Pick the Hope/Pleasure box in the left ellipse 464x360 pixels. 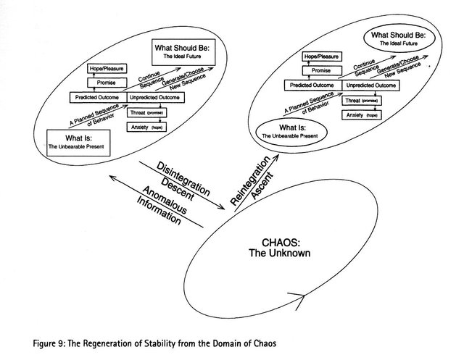107,69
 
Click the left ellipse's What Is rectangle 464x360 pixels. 77,141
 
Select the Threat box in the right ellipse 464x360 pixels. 360,101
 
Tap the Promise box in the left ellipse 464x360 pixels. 107,83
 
